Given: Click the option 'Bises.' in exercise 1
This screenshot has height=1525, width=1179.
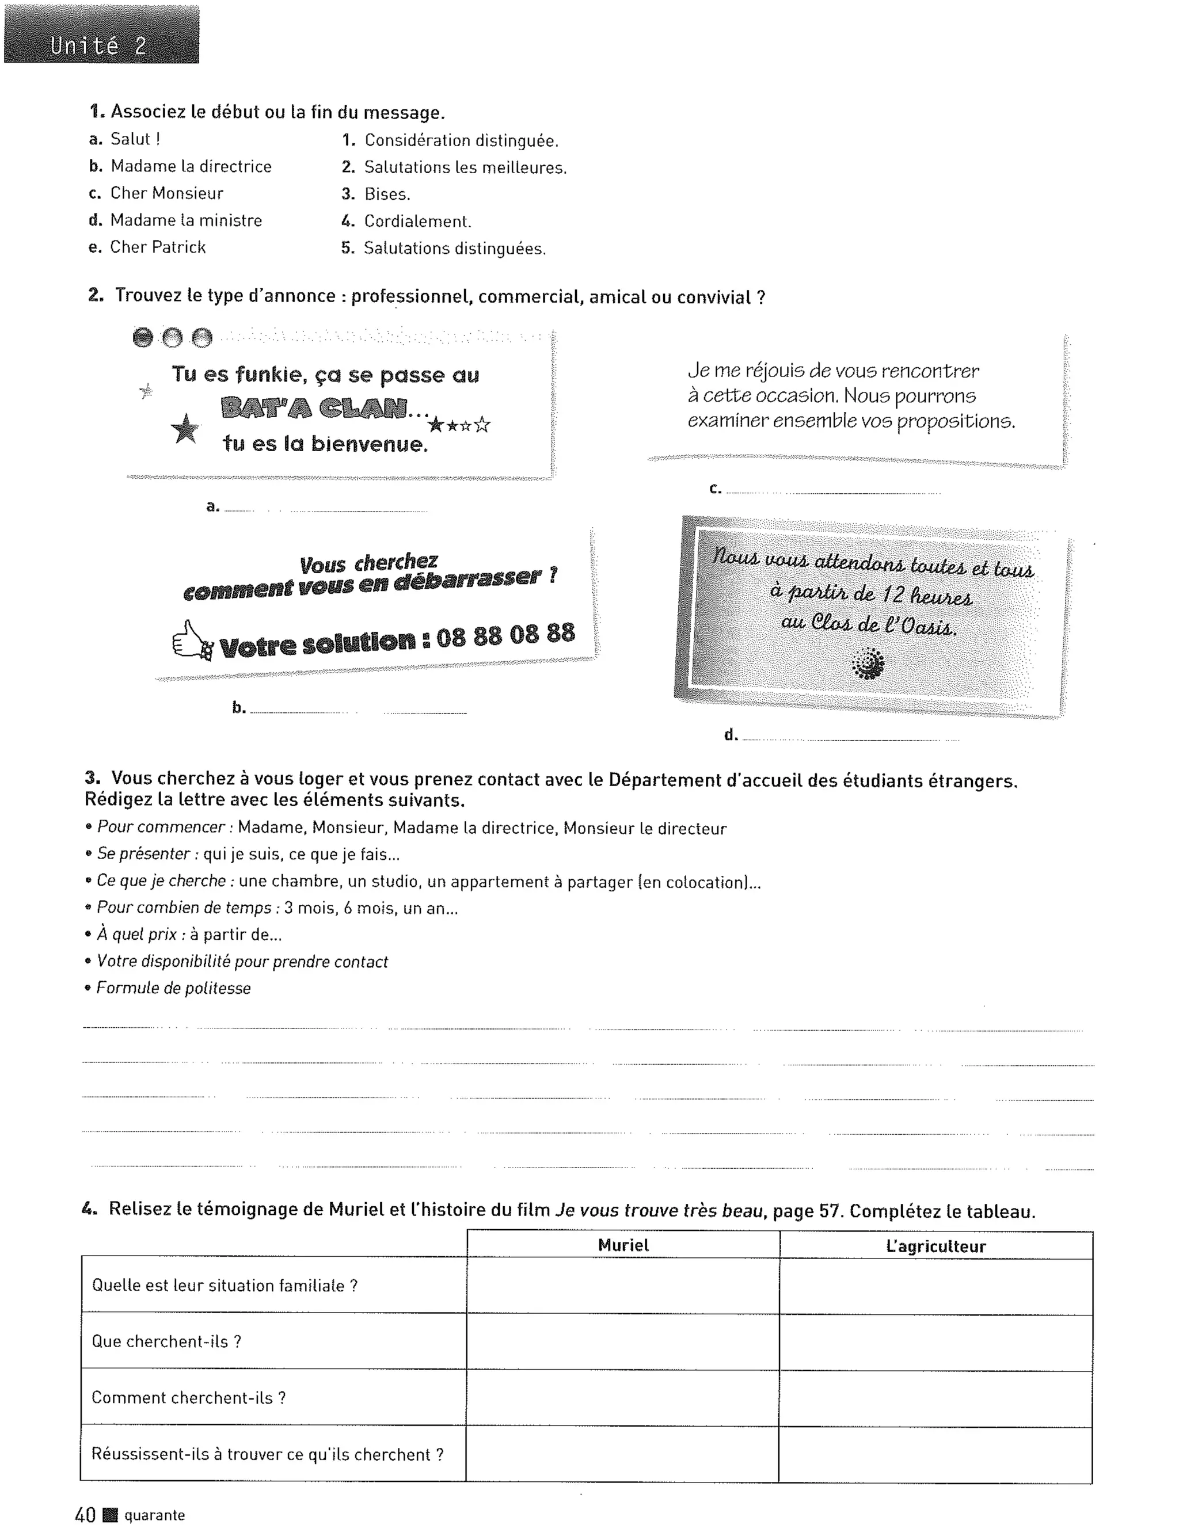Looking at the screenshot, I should (x=386, y=194).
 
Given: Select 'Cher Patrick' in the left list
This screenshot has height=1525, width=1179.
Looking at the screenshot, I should (x=157, y=247).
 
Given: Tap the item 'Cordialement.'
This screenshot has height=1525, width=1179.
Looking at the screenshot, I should (x=417, y=222).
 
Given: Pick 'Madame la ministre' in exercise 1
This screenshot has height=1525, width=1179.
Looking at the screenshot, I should (x=185, y=220).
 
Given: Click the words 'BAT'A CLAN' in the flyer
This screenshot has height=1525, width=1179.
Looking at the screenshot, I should (x=314, y=408).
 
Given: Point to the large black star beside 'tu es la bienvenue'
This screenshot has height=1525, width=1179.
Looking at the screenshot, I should (x=185, y=429).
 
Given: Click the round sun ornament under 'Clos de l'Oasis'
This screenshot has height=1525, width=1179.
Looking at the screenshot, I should (x=868, y=664).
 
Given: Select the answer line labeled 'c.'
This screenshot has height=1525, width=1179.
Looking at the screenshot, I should (x=832, y=492).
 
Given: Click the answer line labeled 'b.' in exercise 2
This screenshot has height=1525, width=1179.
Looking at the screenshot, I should (x=357, y=711).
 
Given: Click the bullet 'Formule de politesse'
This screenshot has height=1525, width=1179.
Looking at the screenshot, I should (x=173, y=988).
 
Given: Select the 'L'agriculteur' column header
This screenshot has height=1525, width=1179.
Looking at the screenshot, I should (x=935, y=1246).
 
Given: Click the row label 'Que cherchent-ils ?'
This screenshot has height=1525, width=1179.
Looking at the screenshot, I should (x=166, y=1341).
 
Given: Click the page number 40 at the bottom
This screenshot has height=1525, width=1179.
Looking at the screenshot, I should (x=85, y=1515).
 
